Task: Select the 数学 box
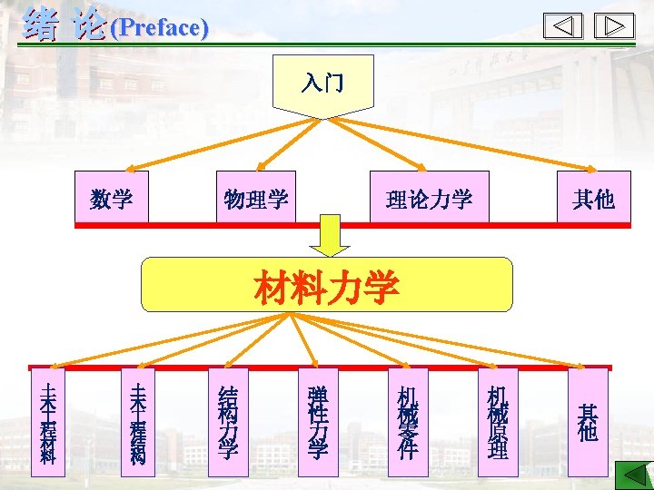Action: pos(111,197)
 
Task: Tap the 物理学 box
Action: pos(256,197)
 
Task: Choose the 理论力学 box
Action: pos(429,197)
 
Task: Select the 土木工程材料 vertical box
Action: pos(48,422)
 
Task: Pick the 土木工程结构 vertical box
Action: pos(138,422)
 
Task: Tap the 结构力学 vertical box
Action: pos(227,422)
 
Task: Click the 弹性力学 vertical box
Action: pos(318,422)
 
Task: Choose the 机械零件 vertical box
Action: pos(407,422)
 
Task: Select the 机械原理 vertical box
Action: pos(497,422)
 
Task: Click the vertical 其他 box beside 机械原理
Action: pos(588,422)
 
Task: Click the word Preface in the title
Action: pos(158,27)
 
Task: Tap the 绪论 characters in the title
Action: pos(64,24)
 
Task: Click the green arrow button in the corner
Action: pos(634,475)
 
